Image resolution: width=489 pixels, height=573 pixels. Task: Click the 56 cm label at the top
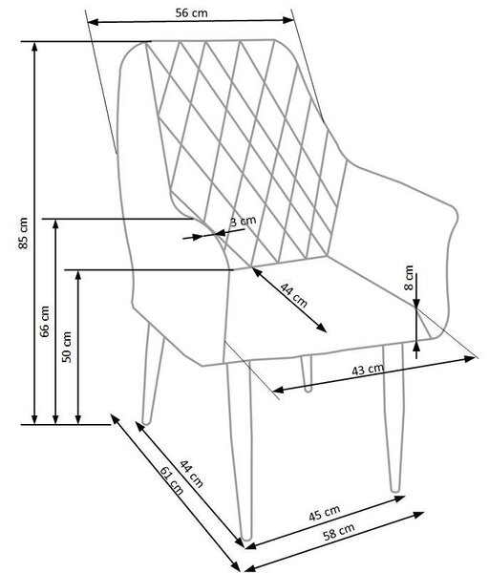coord(191,13)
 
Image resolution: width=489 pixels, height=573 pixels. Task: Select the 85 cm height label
coord(23,233)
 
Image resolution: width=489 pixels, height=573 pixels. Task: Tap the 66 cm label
coord(45,321)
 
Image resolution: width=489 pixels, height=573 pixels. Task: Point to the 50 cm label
coord(67,347)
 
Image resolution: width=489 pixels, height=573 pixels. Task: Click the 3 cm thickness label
coord(243,222)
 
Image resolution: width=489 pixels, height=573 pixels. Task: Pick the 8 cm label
coord(409,278)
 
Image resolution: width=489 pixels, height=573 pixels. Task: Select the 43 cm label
coord(368,370)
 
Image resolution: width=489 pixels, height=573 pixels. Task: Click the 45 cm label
coord(325,513)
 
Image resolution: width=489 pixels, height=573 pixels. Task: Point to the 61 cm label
coord(172,481)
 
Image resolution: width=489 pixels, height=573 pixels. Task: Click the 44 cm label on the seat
coord(294,295)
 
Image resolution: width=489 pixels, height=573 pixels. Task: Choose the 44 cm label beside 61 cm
coord(191,474)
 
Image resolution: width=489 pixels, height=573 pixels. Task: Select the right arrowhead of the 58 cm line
coord(419,514)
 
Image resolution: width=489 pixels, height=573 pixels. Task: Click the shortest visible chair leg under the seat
coord(307,373)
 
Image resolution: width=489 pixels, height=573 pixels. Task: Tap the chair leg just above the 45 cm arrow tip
coord(394,417)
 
